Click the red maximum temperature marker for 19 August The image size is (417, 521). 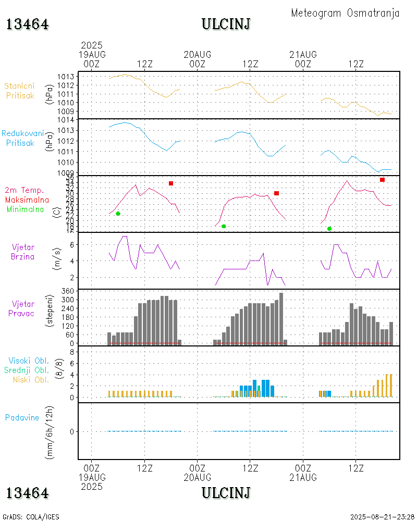point(171,183)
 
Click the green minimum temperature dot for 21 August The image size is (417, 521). point(329,229)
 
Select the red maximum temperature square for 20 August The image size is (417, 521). point(277,193)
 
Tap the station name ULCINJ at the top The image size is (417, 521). point(226,24)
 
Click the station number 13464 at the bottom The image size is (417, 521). point(28,493)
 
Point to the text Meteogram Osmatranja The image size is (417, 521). point(345,13)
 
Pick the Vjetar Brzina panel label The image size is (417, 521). point(23,252)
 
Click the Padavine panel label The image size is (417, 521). point(22,417)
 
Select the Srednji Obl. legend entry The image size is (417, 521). point(27,370)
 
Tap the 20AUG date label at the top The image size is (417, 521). point(198,55)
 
